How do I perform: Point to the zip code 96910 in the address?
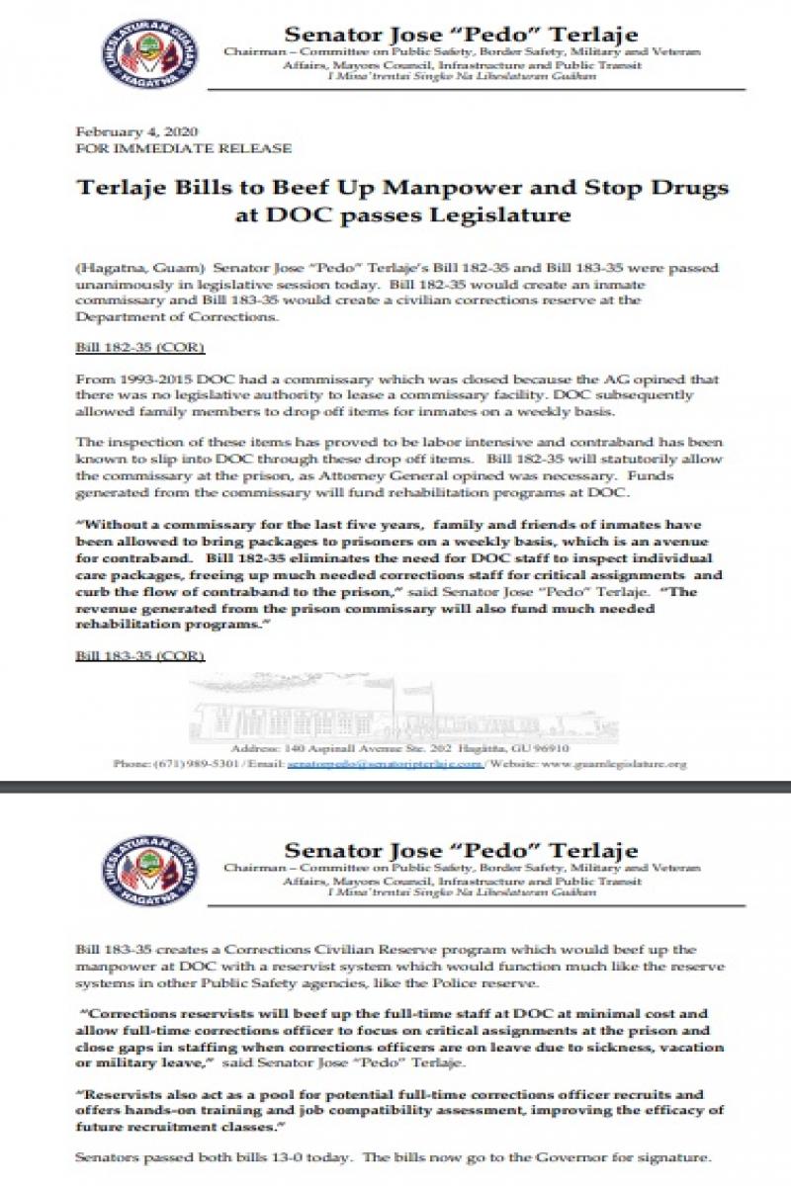549,748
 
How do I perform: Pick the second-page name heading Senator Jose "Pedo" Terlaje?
461,850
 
